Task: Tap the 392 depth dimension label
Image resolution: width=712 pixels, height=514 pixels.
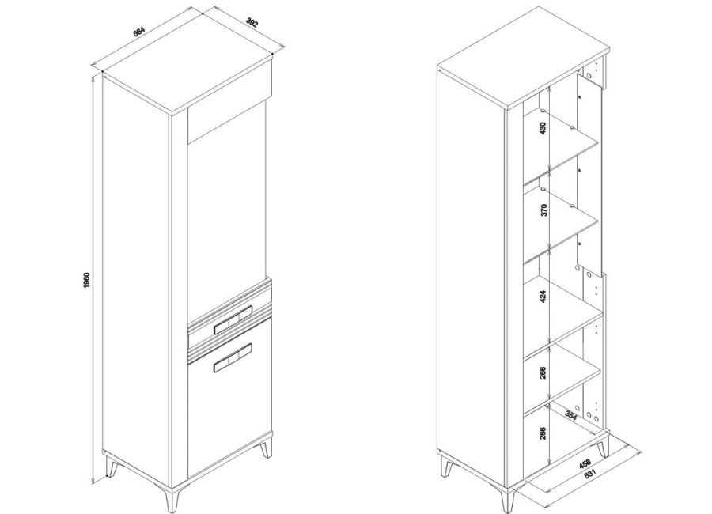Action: (252, 22)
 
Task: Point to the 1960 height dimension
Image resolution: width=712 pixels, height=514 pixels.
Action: (87, 281)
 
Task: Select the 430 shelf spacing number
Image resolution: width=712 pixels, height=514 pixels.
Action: (543, 128)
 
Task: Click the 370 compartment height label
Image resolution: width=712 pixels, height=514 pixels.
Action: (544, 210)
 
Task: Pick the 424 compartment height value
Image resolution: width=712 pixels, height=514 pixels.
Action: (543, 297)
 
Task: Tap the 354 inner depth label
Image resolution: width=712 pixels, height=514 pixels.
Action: (570, 414)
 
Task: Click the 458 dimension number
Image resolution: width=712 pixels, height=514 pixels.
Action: (585, 464)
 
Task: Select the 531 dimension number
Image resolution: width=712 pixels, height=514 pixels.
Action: (590, 474)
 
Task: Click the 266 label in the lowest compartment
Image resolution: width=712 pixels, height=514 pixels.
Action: (543, 433)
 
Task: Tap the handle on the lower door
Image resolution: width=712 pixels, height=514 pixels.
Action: (233, 357)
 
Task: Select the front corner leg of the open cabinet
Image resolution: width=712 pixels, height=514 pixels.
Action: (508, 501)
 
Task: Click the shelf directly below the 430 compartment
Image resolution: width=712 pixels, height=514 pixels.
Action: (561, 154)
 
